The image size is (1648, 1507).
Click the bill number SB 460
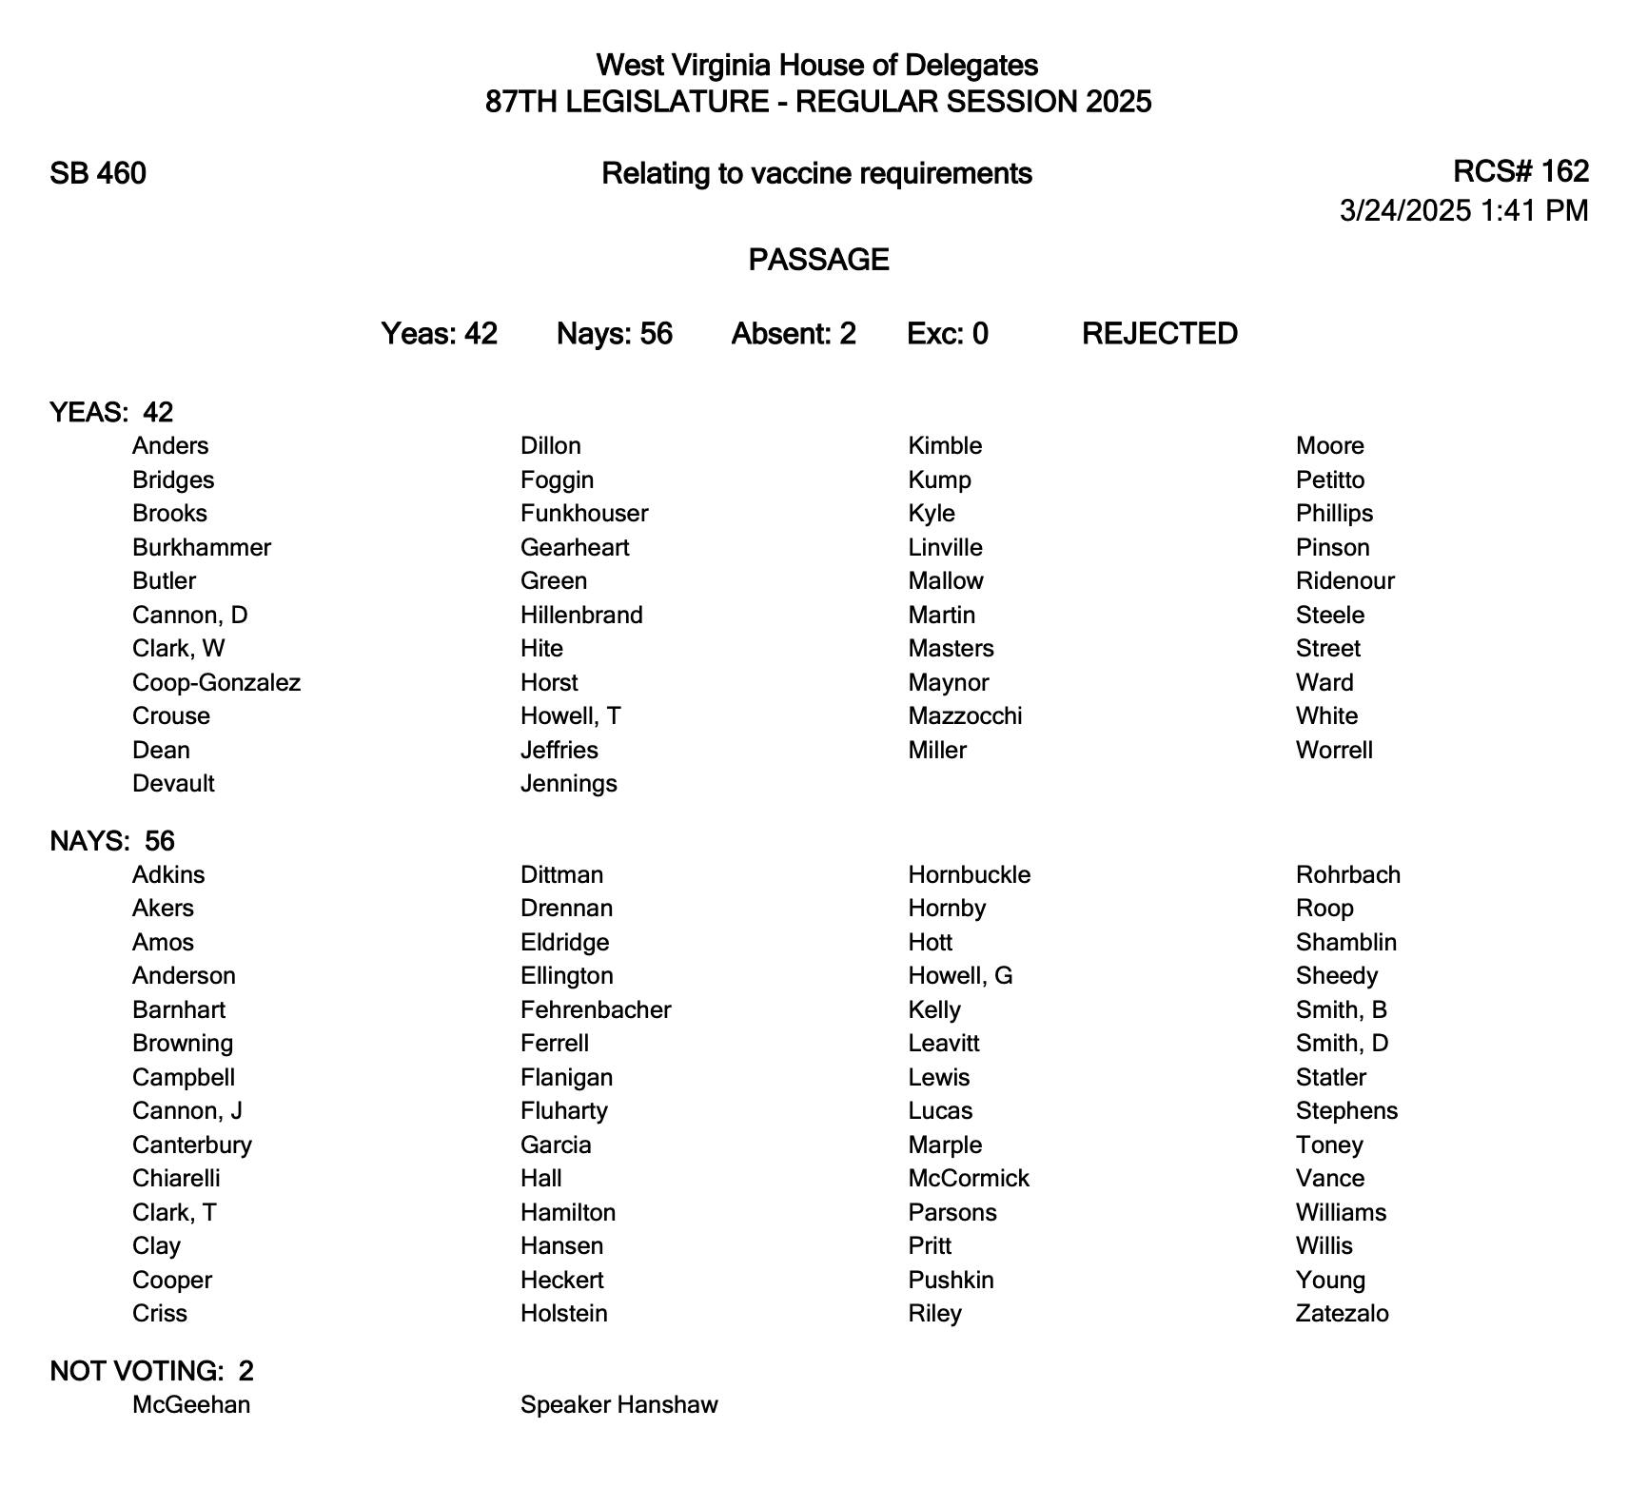98,174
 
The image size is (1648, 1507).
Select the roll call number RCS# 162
1520,171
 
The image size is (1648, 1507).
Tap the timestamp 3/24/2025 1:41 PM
1463,210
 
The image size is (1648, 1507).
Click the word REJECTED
1159,334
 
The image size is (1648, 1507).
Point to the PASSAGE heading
818,260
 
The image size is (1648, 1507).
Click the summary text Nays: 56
614,334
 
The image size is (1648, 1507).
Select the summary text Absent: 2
794,334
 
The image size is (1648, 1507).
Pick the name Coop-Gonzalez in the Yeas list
216,683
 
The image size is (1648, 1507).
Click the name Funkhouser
584,514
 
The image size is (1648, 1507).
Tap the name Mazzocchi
965,716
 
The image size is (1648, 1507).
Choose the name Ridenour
1344,581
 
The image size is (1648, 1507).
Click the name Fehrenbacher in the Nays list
596,1010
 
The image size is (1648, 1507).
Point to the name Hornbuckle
969,875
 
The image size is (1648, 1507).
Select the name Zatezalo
1342,1314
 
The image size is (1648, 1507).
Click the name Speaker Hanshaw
618,1405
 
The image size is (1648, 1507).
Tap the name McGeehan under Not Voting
191,1405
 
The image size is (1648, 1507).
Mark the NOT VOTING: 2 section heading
151,1371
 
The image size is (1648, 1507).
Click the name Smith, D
1342,1044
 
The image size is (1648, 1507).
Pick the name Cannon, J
187,1111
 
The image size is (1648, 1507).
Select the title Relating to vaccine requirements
816,174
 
